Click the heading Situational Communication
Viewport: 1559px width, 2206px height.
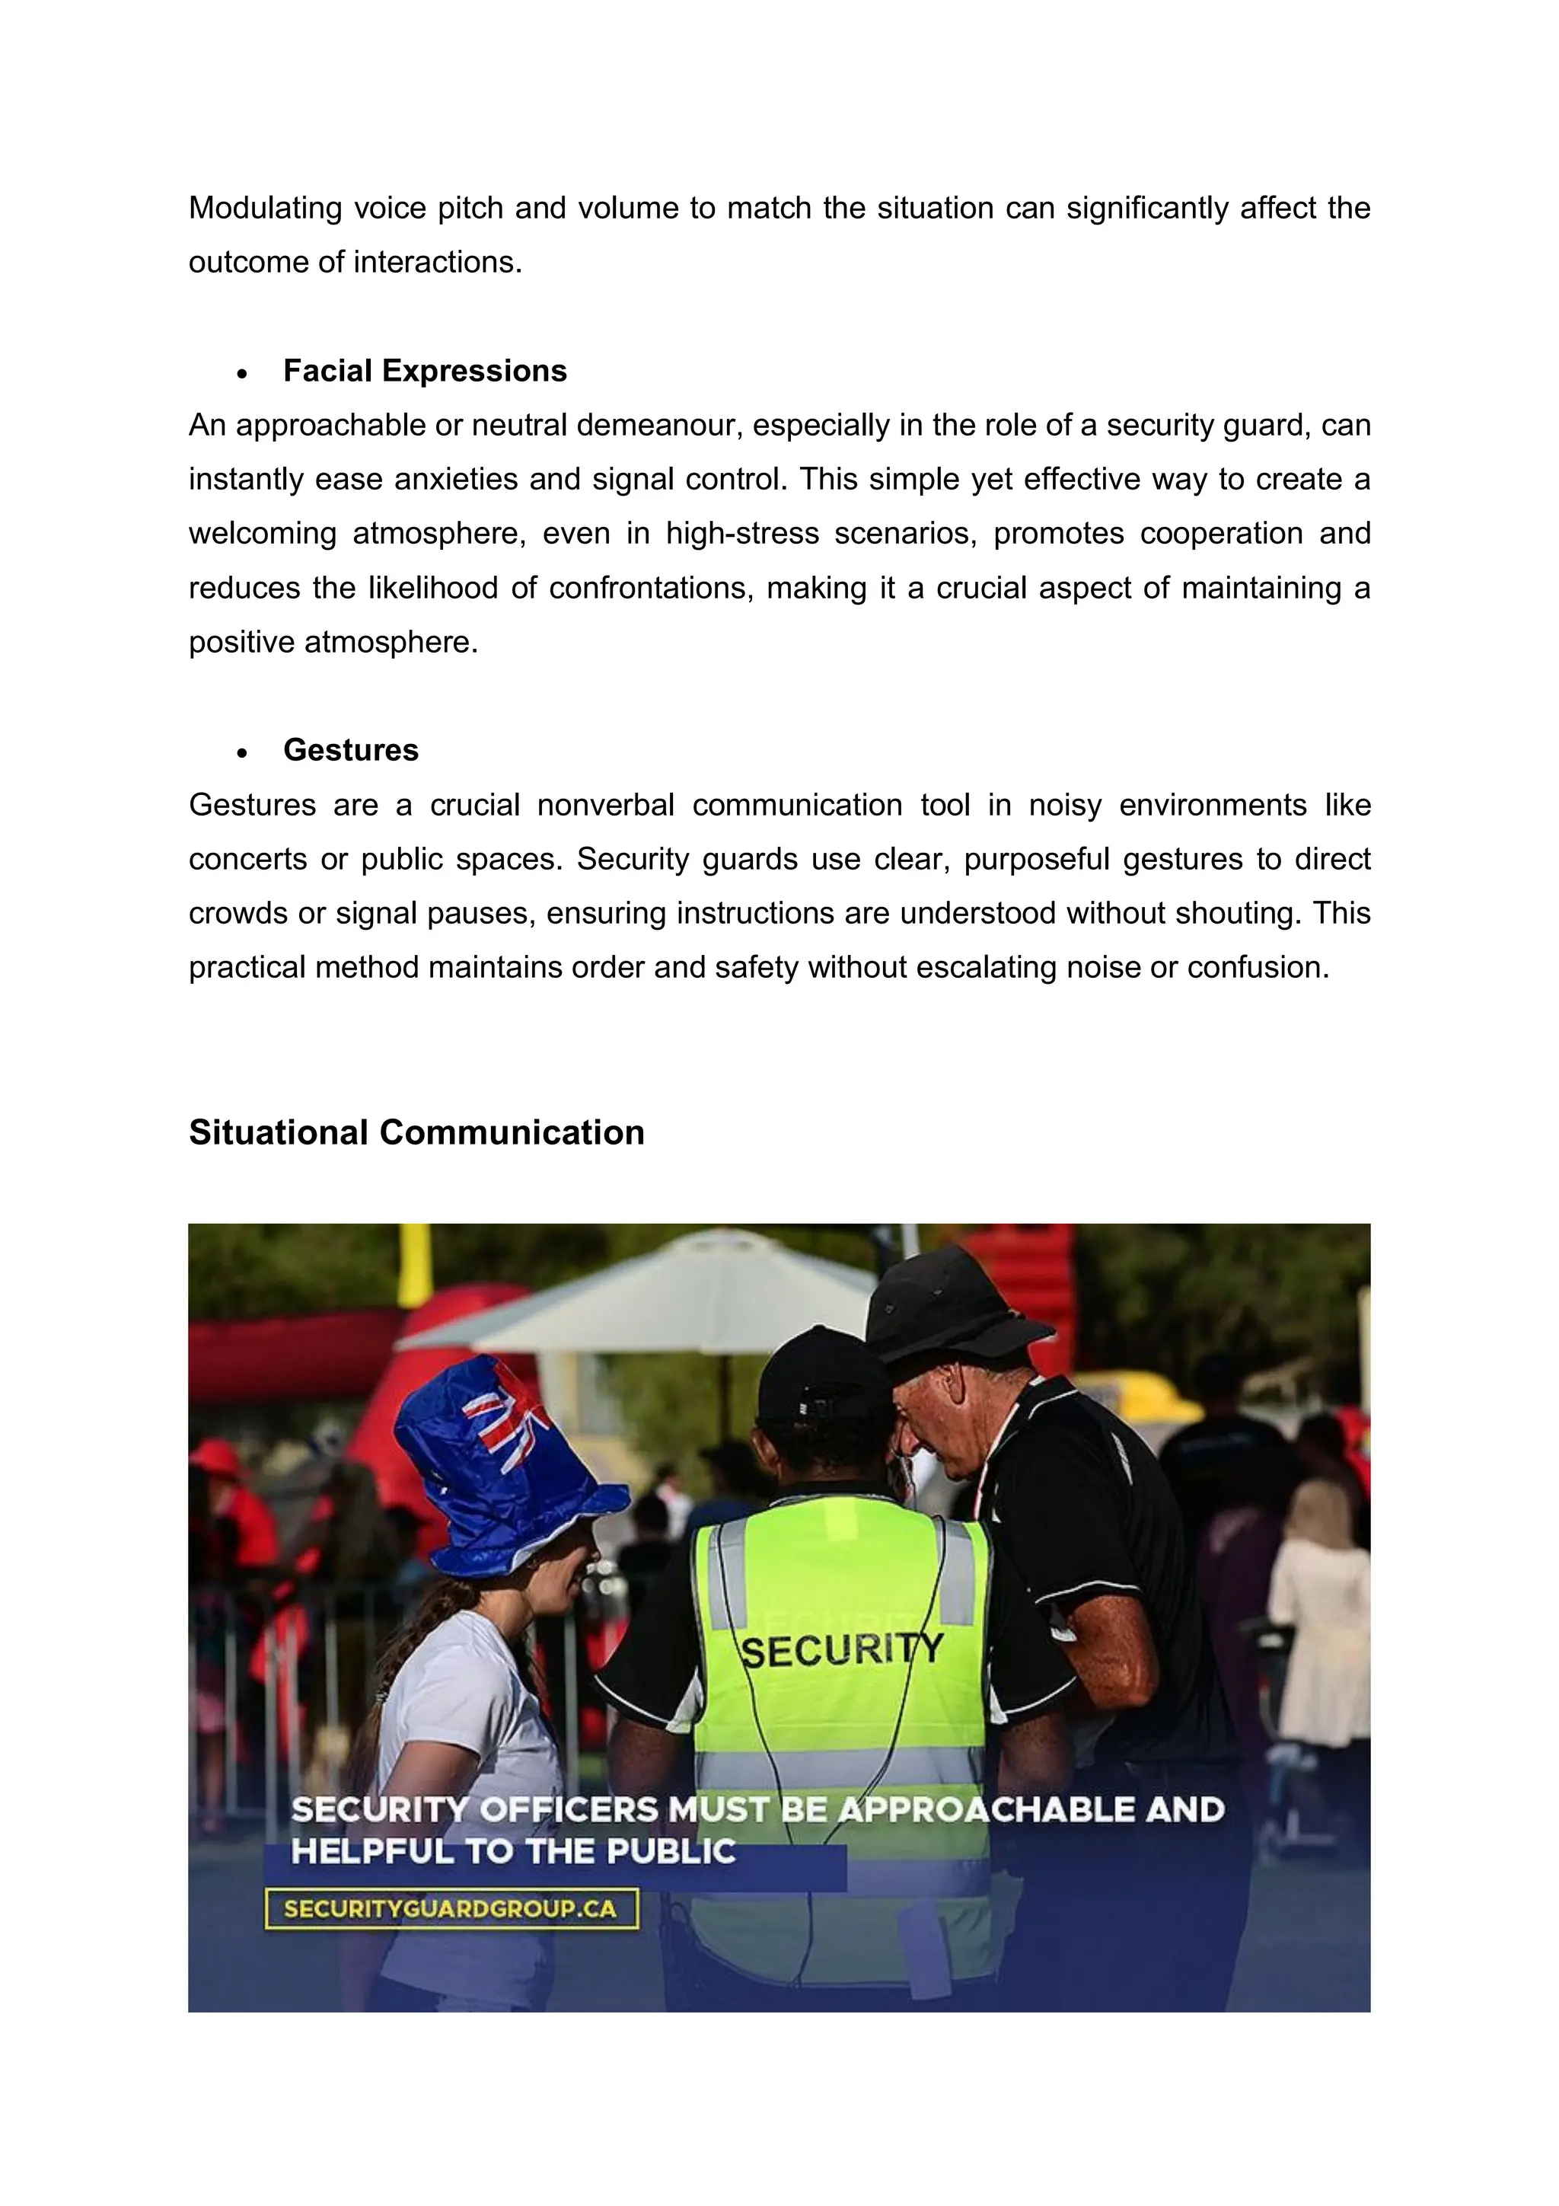click(416, 1133)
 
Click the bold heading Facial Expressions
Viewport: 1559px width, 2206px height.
click(425, 371)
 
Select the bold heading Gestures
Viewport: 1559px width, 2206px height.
click(351, 750)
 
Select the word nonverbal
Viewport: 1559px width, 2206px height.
click(605, 805)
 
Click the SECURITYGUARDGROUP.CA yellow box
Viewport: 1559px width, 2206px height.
click(451, 1908)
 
